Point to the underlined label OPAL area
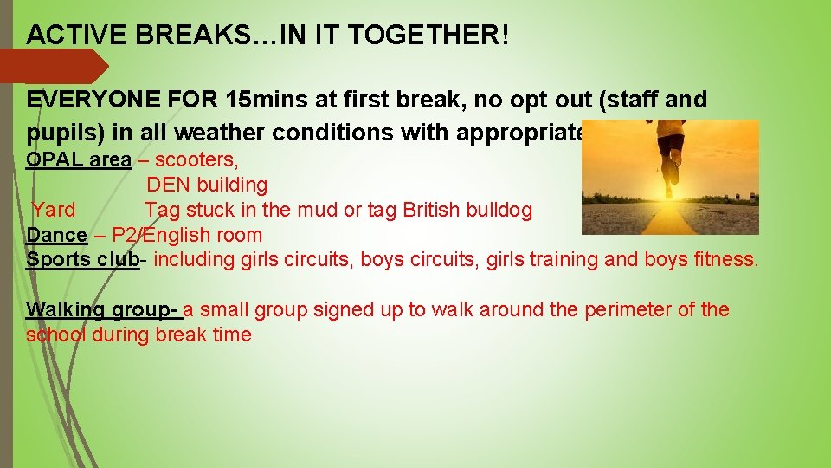[x=78, y=160]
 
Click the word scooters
[x=196, y=160]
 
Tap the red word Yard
[x=54, y=210]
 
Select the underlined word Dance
[x=57, y=235]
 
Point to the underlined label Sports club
[x=82, y=259]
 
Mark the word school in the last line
[x=55, y=335]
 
